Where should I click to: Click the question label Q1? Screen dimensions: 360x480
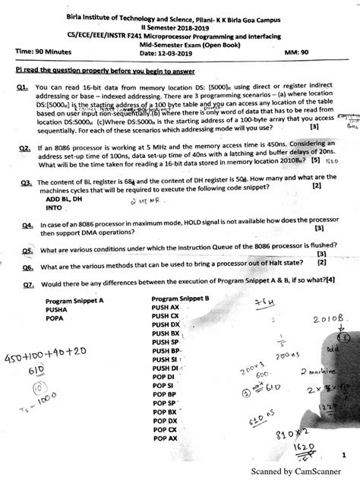click(x=21, y=89)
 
